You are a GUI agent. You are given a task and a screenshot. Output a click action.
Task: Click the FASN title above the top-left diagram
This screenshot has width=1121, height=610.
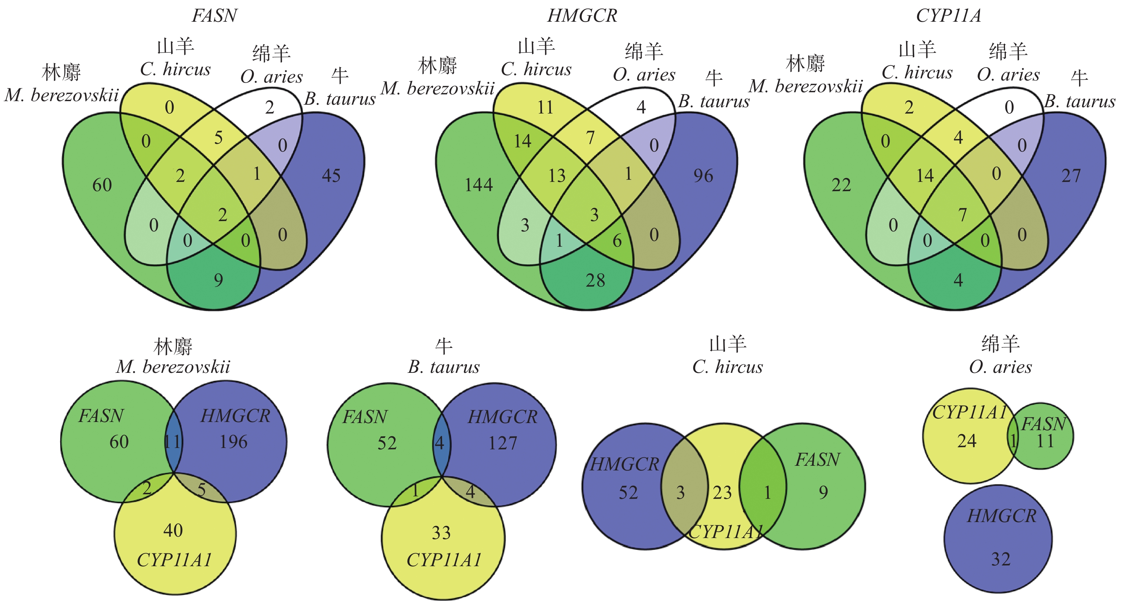coord(215,16)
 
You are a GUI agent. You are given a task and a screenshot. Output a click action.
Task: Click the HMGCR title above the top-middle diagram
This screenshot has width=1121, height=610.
coord(582,16)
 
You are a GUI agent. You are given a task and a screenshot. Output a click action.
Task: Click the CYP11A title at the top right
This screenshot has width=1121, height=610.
coord(949,16)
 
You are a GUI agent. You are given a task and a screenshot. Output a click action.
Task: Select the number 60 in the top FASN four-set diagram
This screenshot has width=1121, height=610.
coord(102,186)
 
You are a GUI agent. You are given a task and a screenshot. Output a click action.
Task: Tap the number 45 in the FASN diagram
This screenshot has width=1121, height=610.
coord(331,176)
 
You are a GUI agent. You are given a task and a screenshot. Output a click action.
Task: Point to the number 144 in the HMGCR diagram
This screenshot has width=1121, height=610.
coord(479,186)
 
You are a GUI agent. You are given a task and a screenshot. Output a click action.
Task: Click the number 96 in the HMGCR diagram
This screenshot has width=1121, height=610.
coord(703,176)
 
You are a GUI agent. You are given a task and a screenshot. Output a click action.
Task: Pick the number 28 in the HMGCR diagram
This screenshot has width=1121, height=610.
coord(595,280)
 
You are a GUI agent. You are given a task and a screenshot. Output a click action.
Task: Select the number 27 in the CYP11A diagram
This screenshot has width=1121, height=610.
coord(1071,176)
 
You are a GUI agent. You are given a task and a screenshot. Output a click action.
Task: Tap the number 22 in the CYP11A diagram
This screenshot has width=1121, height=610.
coord(841,186)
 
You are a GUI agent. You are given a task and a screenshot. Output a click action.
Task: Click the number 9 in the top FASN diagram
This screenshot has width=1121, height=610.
coord(219,280)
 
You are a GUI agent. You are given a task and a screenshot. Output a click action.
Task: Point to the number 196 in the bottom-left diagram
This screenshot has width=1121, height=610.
coord(234,442)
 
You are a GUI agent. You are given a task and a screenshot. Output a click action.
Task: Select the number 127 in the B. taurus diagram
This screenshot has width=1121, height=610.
coord(502,444)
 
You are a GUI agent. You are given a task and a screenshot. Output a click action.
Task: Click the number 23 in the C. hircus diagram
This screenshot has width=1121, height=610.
coord(722,493)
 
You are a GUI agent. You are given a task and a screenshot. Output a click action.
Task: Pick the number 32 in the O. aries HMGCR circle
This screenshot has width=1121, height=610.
coord(1000,559)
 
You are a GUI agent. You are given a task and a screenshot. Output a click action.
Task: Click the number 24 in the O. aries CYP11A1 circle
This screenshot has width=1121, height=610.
coord(967,442)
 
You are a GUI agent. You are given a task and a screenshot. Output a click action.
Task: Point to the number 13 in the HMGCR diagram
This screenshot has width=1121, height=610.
coord(557,176)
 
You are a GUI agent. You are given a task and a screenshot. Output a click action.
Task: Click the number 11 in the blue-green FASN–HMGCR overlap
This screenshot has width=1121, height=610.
coord(172,442)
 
